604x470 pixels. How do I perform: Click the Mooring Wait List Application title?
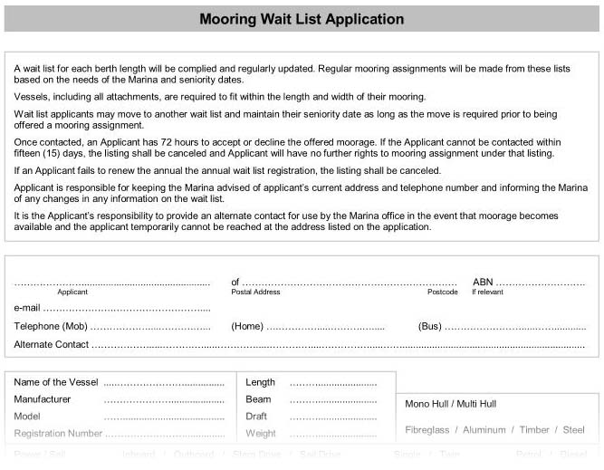[302, 19]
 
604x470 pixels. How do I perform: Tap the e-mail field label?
[28, 308]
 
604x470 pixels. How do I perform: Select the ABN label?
[483, 283]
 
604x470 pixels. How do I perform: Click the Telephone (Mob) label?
[51, 326]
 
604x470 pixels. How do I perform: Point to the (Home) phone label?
[247, 326]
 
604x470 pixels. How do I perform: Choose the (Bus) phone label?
[430, 326]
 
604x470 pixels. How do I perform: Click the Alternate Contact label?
[52, 344]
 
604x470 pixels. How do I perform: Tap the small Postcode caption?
[442, 293]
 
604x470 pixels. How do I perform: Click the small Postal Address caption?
[255, 293]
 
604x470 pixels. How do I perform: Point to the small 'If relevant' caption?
[486, 293]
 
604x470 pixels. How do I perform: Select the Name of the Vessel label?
[56, 382]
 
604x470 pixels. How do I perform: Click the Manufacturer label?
[43, 398]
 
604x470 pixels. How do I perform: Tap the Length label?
[260, 382]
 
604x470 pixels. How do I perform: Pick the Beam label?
[258, 398]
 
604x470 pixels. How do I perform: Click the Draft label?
[256, 416]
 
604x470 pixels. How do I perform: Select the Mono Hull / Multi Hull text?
[463, 404]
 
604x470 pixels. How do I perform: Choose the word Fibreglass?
[427, 430]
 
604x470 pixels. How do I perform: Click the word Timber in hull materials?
[534, 430]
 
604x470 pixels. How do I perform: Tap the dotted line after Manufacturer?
[164, 399]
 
